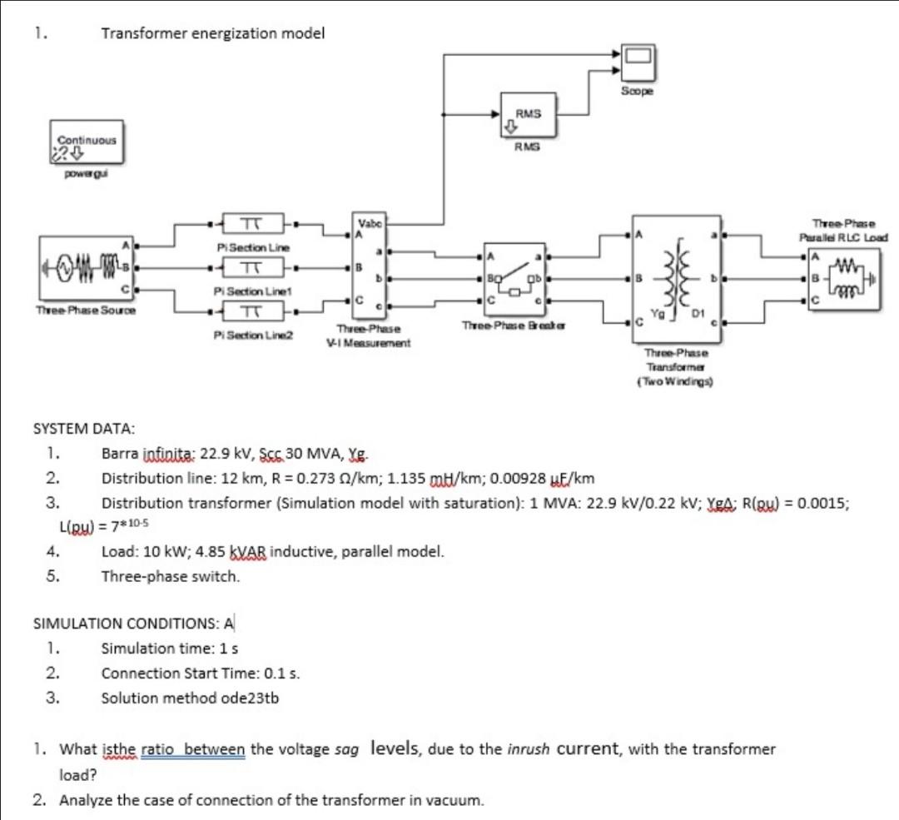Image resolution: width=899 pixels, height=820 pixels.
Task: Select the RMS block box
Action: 528,116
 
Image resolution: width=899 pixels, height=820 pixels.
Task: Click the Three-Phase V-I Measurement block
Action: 369,266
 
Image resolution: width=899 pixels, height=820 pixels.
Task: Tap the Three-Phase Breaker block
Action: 520,277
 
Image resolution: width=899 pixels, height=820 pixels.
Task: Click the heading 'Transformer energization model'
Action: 213,33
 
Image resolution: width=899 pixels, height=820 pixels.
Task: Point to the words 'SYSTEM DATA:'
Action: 83,429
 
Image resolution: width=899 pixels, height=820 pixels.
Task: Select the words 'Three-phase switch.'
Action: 171,576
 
